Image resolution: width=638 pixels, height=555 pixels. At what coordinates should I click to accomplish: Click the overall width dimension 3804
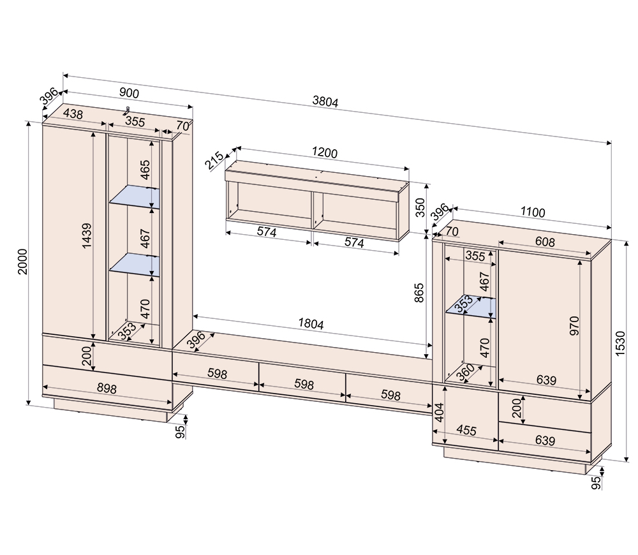pos(325,101)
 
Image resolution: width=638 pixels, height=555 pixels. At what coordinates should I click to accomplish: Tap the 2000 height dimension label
pos(22,262)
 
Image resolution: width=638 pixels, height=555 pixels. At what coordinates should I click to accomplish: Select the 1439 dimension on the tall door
pos(87,236)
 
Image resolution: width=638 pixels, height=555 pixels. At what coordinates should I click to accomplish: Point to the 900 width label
pos(129,93)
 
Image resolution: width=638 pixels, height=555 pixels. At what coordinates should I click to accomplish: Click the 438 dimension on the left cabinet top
pos(73,114)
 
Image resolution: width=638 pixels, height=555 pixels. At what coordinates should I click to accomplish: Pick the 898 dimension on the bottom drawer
pos(107,388)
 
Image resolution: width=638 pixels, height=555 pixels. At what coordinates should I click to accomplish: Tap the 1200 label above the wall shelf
pos(324,153)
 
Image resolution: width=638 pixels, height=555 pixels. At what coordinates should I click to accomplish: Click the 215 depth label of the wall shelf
pos(214,160)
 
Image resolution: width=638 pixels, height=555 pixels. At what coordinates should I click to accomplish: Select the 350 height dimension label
pos(420,207)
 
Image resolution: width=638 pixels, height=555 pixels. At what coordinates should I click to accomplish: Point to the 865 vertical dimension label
pos(419,293)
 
